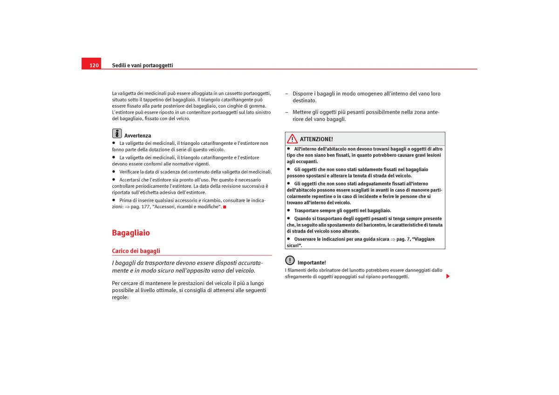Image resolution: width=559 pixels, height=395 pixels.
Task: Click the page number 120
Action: (94, 65)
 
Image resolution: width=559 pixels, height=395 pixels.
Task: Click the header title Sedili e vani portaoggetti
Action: (142, 65)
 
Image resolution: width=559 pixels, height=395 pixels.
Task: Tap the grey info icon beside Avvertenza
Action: (117, 133)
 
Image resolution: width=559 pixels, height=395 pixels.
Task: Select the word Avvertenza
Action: (137, 136)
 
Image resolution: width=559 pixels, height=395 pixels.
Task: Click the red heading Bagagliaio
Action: (131, 232)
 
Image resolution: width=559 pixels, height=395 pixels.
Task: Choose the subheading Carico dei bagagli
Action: (136, 251)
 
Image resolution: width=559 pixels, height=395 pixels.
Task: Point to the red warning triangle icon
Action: (292, 138)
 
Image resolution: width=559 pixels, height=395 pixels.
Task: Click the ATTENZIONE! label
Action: (316, 139)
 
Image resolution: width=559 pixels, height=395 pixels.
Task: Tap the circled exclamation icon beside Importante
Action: (290, 260)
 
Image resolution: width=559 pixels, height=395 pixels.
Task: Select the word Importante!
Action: (312, 263)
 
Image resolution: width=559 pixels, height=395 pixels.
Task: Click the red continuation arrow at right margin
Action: (448, 276)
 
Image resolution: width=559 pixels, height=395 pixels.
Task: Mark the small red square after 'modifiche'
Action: (225, 207)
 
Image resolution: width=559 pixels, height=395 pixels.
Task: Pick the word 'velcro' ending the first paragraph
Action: (183, 118)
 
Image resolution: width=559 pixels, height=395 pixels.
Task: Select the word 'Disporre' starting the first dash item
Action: (303, 94)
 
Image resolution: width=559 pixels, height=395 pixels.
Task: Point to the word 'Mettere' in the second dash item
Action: (302, 112)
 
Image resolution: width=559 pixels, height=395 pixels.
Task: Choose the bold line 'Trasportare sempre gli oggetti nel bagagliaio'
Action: (342, 211)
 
